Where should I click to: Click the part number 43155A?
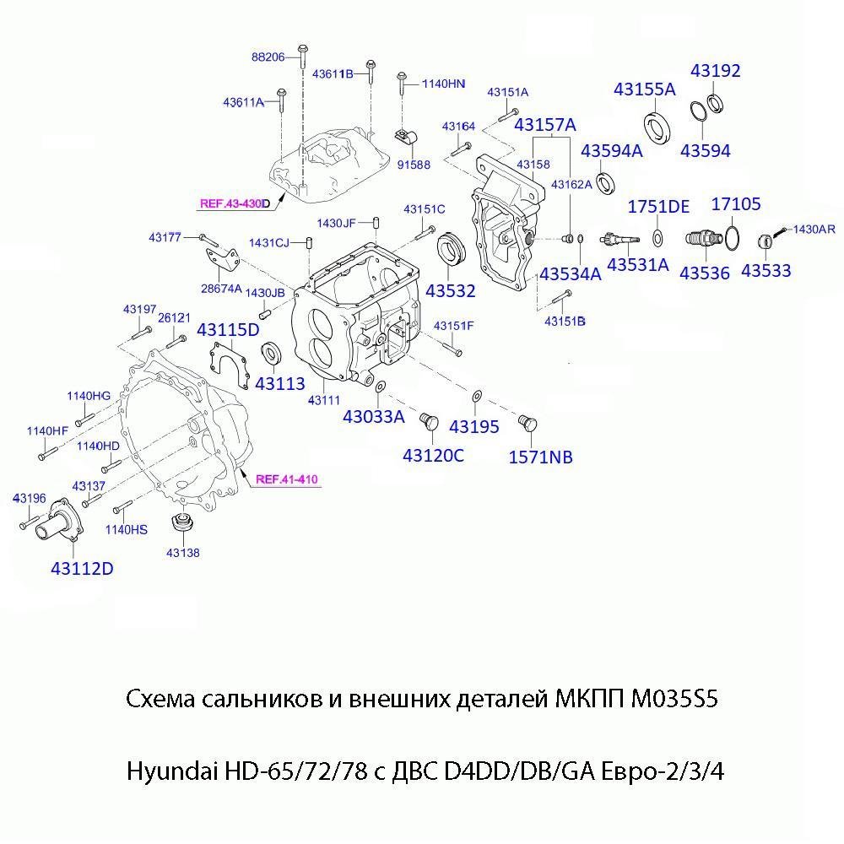click(x=644, y=89)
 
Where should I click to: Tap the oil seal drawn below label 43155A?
click(x=658, y=125)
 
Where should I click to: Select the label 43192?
click(x=716, y=71)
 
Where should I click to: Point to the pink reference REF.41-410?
click(x=286, y=479)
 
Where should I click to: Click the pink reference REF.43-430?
click(x=233, y=203)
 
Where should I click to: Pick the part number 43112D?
click(x=81, y=568)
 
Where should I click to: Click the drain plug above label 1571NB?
click(x=527, y=421)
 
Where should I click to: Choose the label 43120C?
click(x=433, y=456)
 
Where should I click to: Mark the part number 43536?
click(x=705, y=273)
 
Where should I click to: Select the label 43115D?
click(x=228, y=330)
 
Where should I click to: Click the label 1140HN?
click(x=443, y=84)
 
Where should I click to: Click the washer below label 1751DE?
click(x=658, y=234)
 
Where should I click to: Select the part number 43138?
click(x=182, y=553)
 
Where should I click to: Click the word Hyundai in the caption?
click(x=171, y=771)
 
